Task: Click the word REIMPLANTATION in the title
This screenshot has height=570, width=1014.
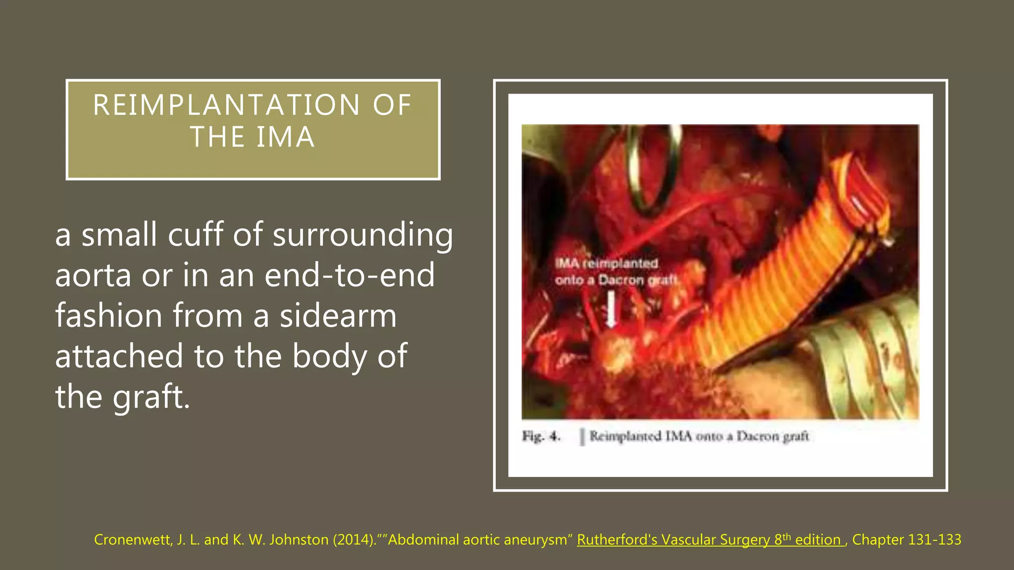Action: (226, 105)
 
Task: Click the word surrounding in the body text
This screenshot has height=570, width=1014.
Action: (362, 235)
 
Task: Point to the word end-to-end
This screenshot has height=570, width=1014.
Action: (350, 275)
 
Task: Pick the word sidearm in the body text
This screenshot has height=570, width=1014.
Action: (338, 316)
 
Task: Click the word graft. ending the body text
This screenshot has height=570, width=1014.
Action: (152, 397)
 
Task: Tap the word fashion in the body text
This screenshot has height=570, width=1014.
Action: (108, 316)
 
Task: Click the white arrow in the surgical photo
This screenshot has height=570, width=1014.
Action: (611, 309)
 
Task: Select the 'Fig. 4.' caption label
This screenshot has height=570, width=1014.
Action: (541, 436)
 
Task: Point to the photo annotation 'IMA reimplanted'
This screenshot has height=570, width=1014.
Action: (607, 263)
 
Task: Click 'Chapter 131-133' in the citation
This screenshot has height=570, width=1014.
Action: (907, 539)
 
